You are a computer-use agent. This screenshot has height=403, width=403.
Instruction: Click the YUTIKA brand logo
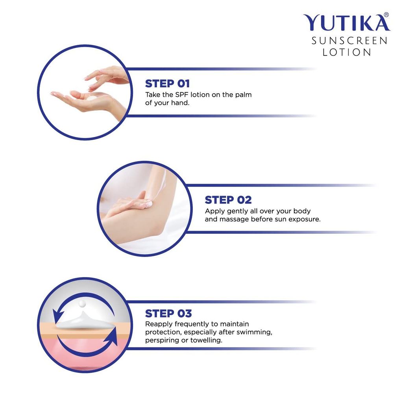(346, 22)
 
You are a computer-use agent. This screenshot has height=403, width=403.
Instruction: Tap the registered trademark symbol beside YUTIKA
(386, 15)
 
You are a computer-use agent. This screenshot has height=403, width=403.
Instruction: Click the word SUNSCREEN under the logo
(349, 41)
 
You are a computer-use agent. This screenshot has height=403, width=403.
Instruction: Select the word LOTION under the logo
(347, 52)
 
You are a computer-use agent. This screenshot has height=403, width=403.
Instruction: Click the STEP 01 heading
(167, 83)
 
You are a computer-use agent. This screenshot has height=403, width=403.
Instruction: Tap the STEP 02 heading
(228, 200)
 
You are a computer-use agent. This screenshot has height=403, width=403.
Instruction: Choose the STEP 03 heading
(168, 314)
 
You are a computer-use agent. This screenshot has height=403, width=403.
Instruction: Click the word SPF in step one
(182, 94)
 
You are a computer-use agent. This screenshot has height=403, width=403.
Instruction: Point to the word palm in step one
(243, 95)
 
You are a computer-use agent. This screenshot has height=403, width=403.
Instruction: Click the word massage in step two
(234, 220)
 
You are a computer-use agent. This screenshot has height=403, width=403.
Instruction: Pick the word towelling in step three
(206, 340)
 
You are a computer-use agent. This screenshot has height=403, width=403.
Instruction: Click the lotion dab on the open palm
(92, 98)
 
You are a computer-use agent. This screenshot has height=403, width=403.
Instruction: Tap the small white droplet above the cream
(82, 303)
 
